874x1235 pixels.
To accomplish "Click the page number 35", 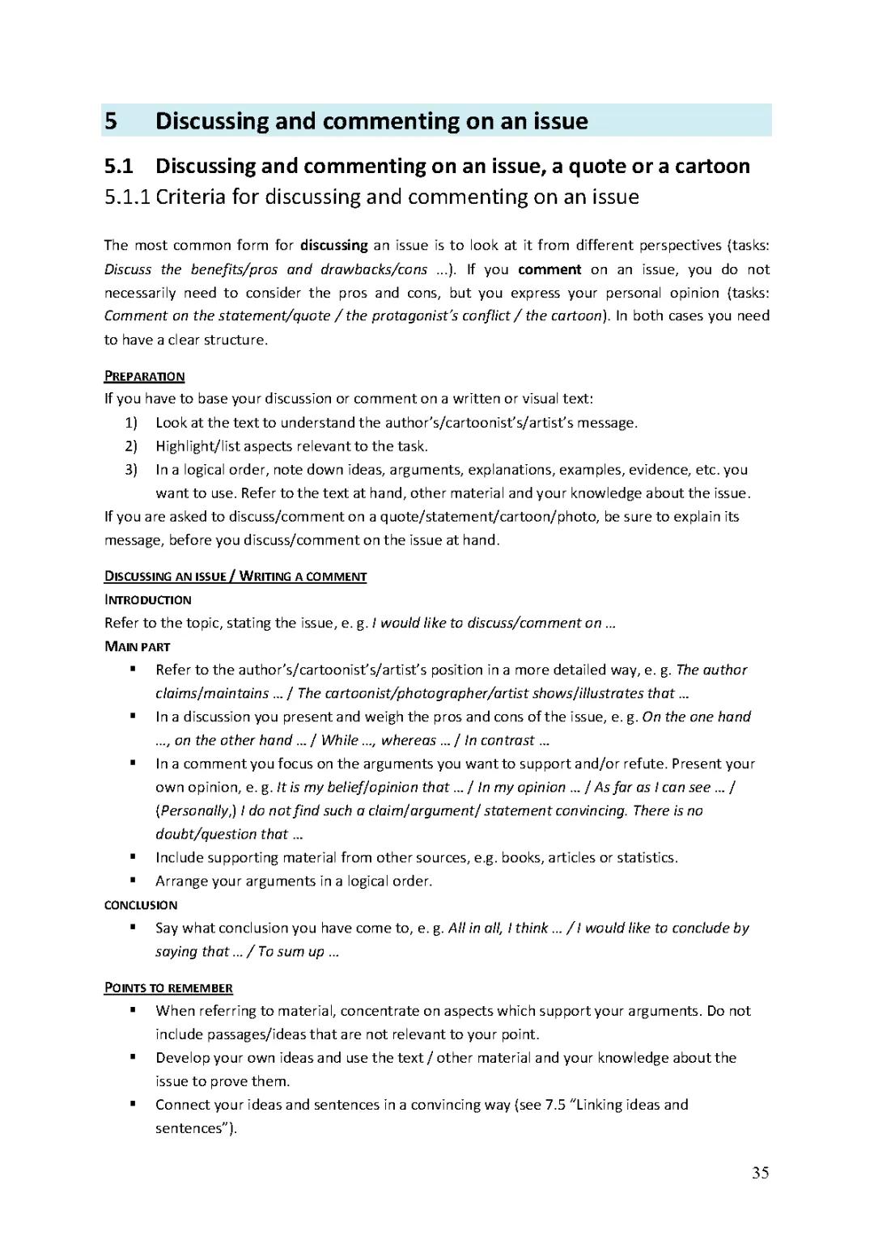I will pos(760,1173).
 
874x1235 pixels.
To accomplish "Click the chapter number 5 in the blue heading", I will pos(111,121).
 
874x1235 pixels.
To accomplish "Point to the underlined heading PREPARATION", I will pos(144,376).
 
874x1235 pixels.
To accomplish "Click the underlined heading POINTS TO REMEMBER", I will pos(168,988).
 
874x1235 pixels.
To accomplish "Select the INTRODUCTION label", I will pos(147,600).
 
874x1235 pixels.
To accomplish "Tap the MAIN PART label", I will pos(137,647).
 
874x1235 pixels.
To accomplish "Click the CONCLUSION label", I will pos(141,905).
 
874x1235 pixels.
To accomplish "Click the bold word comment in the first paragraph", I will pos(549,269).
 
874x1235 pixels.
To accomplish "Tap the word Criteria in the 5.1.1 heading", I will pos(190,197).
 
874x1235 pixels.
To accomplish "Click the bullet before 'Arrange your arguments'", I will pos(132,881).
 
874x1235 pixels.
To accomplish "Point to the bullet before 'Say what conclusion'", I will pos(132,928).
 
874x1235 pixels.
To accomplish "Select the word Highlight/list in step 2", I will pos(197,446).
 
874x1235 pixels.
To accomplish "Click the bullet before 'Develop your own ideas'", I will pos(132,1057).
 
